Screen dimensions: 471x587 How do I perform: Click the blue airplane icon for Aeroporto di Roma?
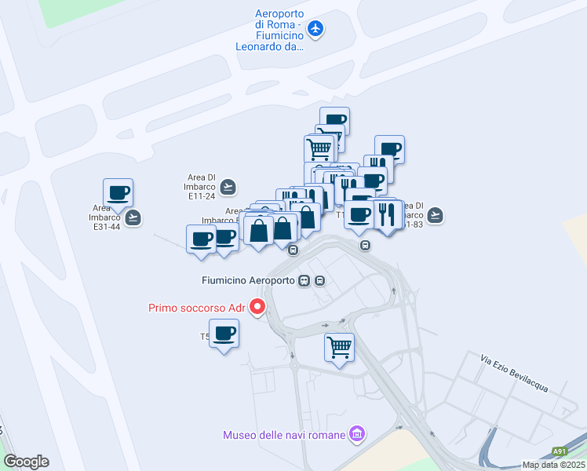pos(315,29)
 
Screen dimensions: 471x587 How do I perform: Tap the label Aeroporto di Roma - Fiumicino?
pos(270,30)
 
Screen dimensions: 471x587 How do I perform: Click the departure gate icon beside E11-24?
pos(228,187)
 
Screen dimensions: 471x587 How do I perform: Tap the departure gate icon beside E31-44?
pos(133,217)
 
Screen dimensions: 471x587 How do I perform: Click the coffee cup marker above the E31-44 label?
pos(118,192)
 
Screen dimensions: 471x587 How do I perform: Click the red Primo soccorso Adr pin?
pos(257,307)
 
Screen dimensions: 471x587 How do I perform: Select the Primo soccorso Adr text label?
pos(197,308)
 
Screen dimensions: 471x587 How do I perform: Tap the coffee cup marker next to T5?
pos(224,333)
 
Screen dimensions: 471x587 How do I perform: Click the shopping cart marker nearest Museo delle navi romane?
pos(339,346)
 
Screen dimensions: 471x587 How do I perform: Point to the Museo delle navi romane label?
pos(284,434)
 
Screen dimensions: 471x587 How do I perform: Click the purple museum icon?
pos(357,434)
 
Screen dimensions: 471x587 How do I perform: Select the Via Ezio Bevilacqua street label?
pos(514,374)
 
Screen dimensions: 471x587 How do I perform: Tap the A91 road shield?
pos(559,451)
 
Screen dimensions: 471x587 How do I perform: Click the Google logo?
pos(26,462)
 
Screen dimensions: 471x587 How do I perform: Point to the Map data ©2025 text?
pos(554,465)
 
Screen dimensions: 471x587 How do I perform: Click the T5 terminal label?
pos(205,338)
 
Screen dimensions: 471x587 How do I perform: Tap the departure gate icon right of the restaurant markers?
pos(436,214)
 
